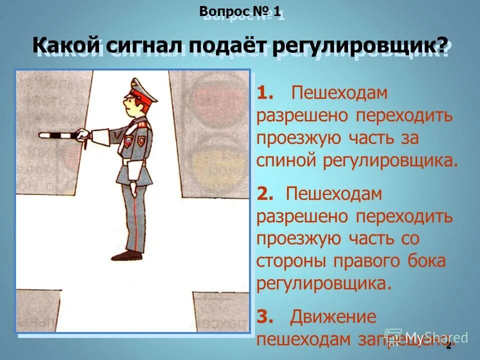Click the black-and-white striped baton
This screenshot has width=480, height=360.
(56, 135)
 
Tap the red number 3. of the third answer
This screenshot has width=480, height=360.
(265, 316)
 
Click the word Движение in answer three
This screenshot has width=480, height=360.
(332, 316)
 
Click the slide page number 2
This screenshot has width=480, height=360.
(448, 345)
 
